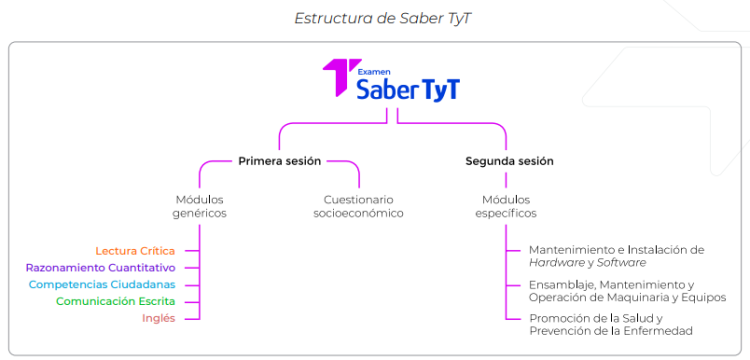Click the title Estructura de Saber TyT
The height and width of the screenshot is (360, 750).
(375, 18)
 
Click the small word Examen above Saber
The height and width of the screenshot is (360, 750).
(374, 70)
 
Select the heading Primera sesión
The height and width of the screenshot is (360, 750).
(279, 160)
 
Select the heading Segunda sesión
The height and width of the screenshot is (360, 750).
(509, 160)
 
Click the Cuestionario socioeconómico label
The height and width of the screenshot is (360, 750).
(358, 206)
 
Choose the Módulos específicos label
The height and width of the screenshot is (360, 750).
(509, 206)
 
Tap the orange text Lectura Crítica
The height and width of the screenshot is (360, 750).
(135, 250)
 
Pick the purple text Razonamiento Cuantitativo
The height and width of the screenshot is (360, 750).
(100, 267)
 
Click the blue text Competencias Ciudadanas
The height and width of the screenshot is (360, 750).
(102, 284)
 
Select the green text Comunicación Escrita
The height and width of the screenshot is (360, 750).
(115, 301)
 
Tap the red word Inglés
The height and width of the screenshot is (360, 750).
(158, 318)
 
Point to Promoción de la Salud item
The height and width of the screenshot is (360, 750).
(611, 324)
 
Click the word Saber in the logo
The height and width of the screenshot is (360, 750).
(390, 90)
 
